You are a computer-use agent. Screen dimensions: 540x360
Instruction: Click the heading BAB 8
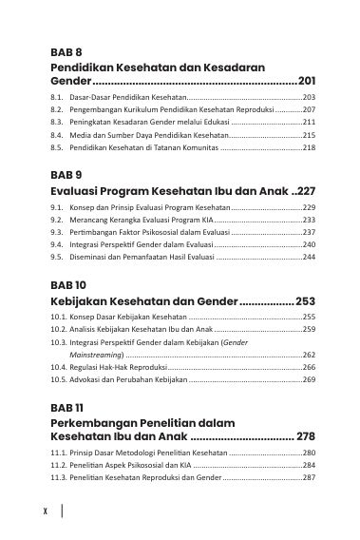click(67, 51)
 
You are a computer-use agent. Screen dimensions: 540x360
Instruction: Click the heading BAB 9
click(67, 175)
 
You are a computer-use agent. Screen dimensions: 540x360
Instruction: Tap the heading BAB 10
click(68, 284)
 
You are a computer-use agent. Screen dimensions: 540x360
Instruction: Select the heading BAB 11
click(67, 407)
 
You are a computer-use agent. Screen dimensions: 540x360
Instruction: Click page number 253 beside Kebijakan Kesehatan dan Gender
click(305, 300)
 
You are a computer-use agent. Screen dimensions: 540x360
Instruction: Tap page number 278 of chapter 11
click(305, 436)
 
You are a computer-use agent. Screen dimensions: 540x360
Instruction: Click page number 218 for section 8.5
click(309, 148)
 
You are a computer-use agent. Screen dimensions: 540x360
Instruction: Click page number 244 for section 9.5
click(309, 257)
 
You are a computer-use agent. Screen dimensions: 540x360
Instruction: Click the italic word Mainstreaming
click(86, 355)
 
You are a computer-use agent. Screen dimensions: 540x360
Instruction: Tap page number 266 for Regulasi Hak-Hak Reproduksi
click(309, 367)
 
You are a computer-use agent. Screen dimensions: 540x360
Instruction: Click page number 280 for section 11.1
click(309, 453)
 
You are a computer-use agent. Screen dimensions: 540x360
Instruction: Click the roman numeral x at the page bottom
click(46, 511)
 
